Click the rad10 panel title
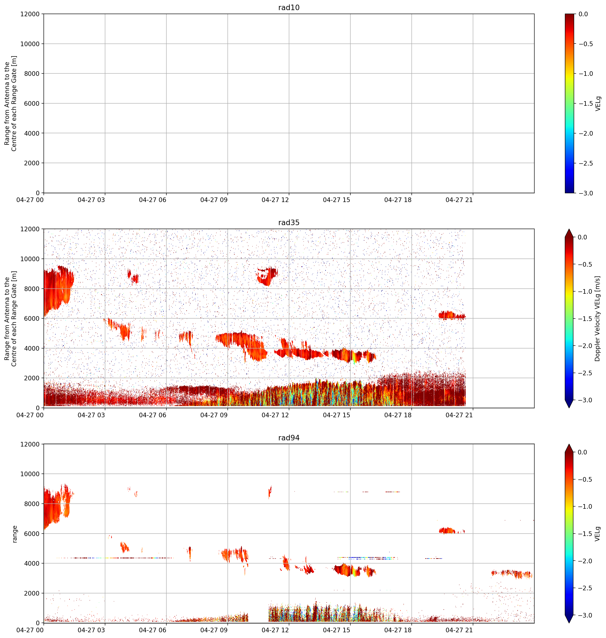click(x=289, y=7)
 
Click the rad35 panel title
click(x=289, y=222)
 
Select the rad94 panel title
click(x=289, y=438)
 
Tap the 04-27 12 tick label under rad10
click(x=275, y=200)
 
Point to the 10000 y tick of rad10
click(x=30, y=44)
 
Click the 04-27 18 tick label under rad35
click(x=398, y=415)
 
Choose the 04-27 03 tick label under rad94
click(x=91, y=630)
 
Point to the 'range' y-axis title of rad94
click(x=15, y=534)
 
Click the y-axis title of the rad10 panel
click(x=11, y=103)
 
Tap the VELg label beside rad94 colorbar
click(x=598, y=534)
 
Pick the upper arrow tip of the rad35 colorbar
click(x=569, y=229)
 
